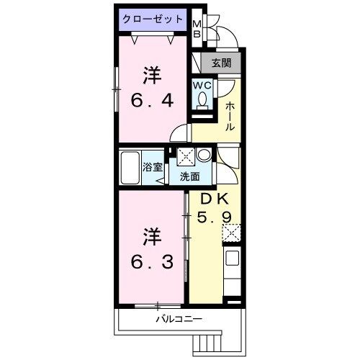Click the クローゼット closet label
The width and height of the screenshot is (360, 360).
pos(152,19)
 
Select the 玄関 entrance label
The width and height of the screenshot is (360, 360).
pos(220,63)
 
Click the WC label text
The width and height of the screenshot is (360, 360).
pos(202,84)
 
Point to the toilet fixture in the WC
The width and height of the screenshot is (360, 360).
pos(202,103)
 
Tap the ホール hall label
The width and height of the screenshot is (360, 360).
pos(230,115)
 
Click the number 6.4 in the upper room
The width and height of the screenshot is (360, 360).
pos(151,101)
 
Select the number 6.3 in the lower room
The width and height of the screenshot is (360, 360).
pos(152,262)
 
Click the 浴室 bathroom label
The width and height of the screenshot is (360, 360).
pos(153,168)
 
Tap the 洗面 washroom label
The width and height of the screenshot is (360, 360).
pos(189,176)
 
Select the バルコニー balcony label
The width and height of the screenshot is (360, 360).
pos(176,318)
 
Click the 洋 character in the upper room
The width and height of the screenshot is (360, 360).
pos(150,76)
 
